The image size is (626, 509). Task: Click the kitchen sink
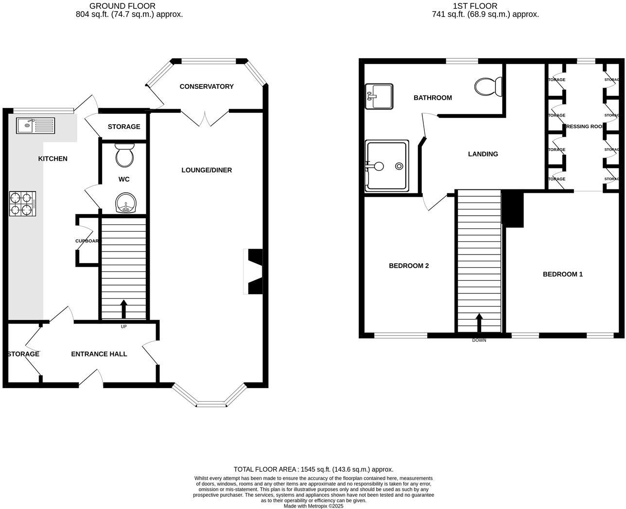tap(35, 125)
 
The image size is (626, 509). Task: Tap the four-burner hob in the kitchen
tap(22, 204)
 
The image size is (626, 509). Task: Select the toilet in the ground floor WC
tap(124, 154)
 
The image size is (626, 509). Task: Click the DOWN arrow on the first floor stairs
tap(479, 322)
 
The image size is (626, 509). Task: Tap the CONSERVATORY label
tap(207, 86)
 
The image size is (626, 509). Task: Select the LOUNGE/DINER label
tap(207, 170)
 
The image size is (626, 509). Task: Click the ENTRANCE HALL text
tap(99, 354)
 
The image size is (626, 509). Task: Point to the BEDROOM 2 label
tap(409, 266)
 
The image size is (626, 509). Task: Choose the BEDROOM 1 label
tap(562, 274)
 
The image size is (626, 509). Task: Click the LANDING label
tap(483, 154)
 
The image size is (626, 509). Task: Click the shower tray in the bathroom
tap(387, 166)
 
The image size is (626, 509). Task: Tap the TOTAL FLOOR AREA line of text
tap(313, 469)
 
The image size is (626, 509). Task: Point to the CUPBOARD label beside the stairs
tap(87, 241)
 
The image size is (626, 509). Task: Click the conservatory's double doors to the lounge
tap(205, 118)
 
